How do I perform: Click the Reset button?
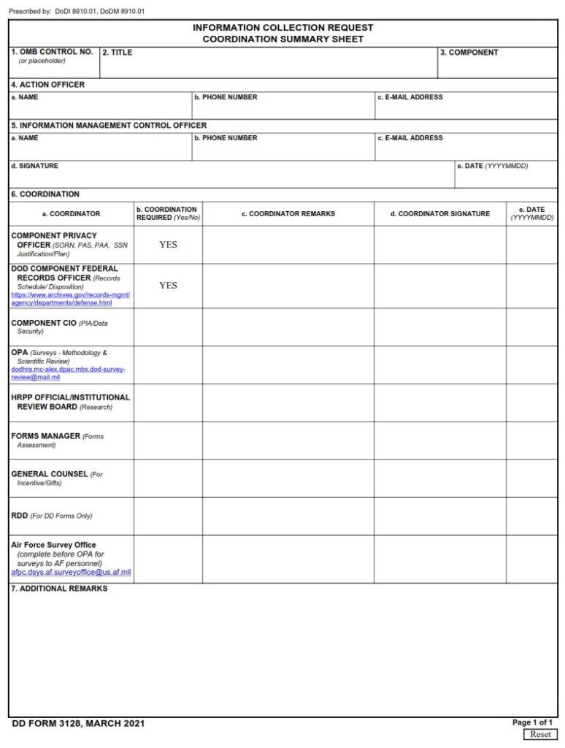(x=540, y=734)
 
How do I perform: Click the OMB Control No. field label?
(x=52, y=53)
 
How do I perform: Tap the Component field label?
(x=469, y=53)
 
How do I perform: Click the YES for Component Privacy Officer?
(x=168, y=245)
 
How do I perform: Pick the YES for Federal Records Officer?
(x=168, y=286)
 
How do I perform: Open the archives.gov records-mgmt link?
(x=70, y=299)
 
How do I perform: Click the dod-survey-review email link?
(x=68, y=373)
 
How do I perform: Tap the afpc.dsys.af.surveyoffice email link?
(x=71, y=573)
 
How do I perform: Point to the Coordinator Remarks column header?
(x=288, y=214)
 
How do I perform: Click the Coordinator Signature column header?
(x=440, y=214)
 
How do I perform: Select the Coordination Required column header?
(x=167, y=213)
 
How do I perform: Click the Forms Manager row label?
(x=45, y=436)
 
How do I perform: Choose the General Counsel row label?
(x=49, y=474)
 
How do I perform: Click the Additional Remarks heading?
(x=59, y=589)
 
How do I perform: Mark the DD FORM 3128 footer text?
(x=78, y=724)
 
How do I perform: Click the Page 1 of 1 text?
(x=532, y=722)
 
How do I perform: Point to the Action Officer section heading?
(x=47, y=85)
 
